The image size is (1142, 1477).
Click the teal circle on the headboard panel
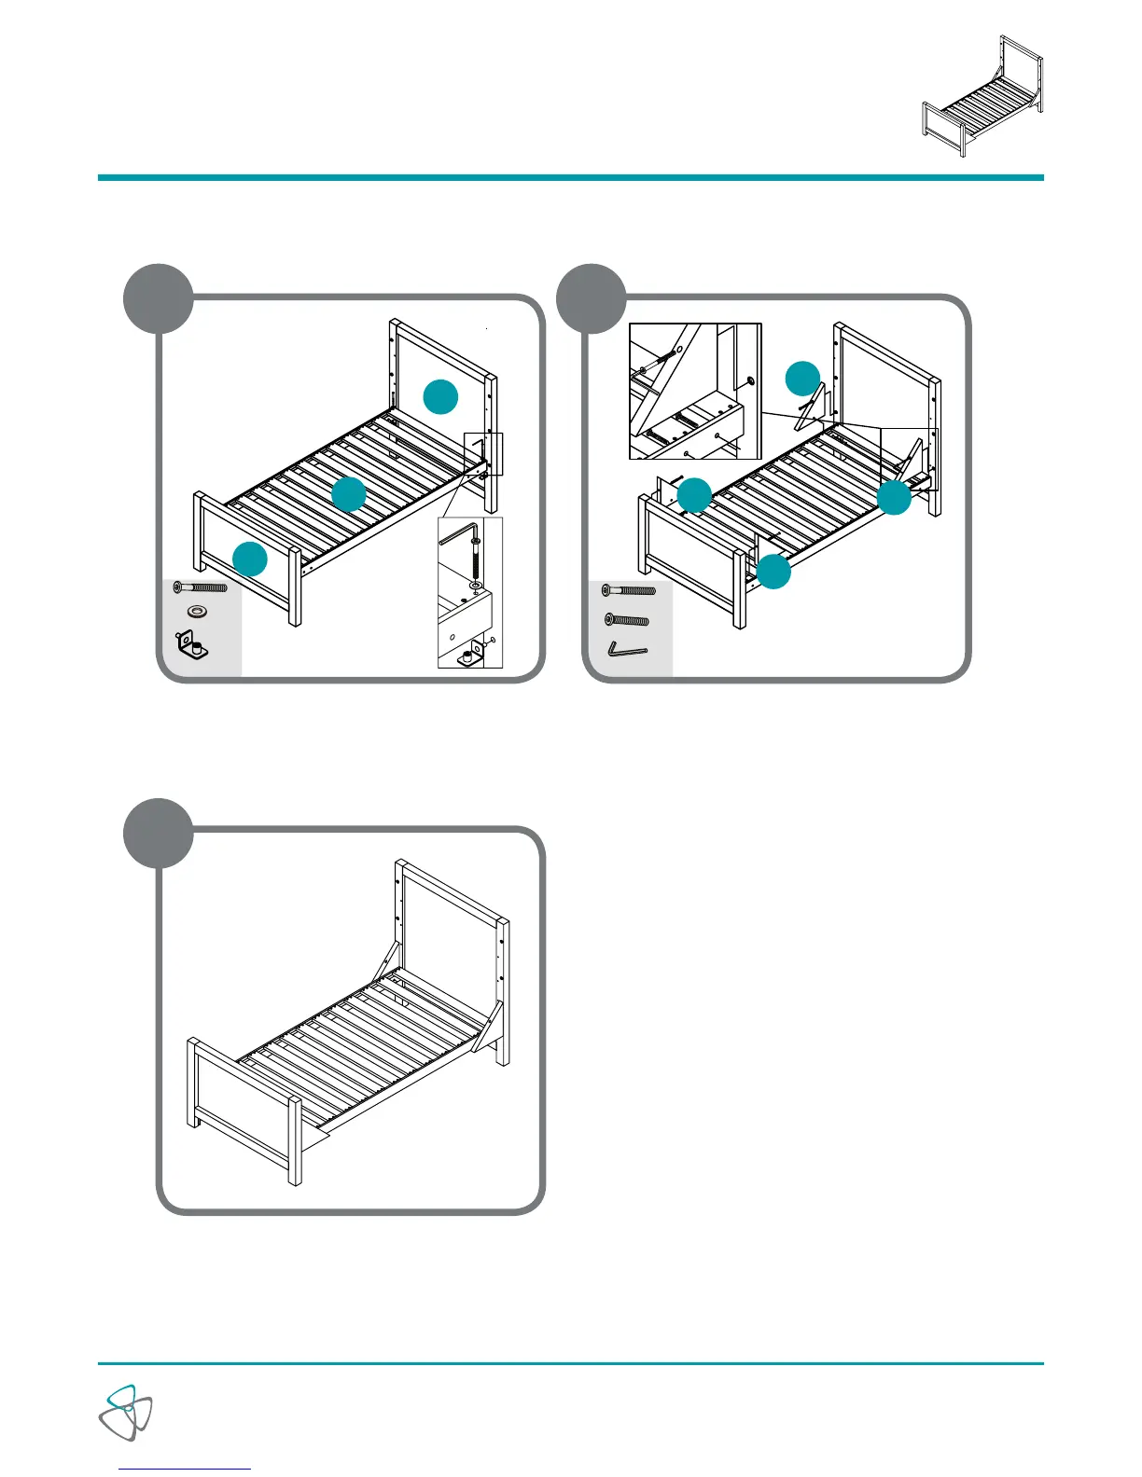tap(440, 397)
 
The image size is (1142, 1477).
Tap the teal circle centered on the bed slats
tap(349, 494)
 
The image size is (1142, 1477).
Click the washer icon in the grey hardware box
tap(198, 611)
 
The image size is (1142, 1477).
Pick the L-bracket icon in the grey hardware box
tap(193, 645)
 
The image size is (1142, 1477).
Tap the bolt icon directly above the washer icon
tap(201, 587)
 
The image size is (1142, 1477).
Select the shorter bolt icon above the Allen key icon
tap(627, 619)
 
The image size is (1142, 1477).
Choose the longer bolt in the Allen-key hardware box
tap(630, 590)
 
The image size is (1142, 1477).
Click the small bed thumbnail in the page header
tap(982, 96)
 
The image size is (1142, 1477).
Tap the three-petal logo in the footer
tap(126, 1412)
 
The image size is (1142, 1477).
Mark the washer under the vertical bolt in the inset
tap(476, 586)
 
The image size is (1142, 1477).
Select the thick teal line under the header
tap(571, 177)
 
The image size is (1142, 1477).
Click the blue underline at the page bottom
tap(186, 1469)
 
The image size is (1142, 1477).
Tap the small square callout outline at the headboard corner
tap(483, 454)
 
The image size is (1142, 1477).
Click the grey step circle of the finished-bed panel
tap(159, 833)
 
